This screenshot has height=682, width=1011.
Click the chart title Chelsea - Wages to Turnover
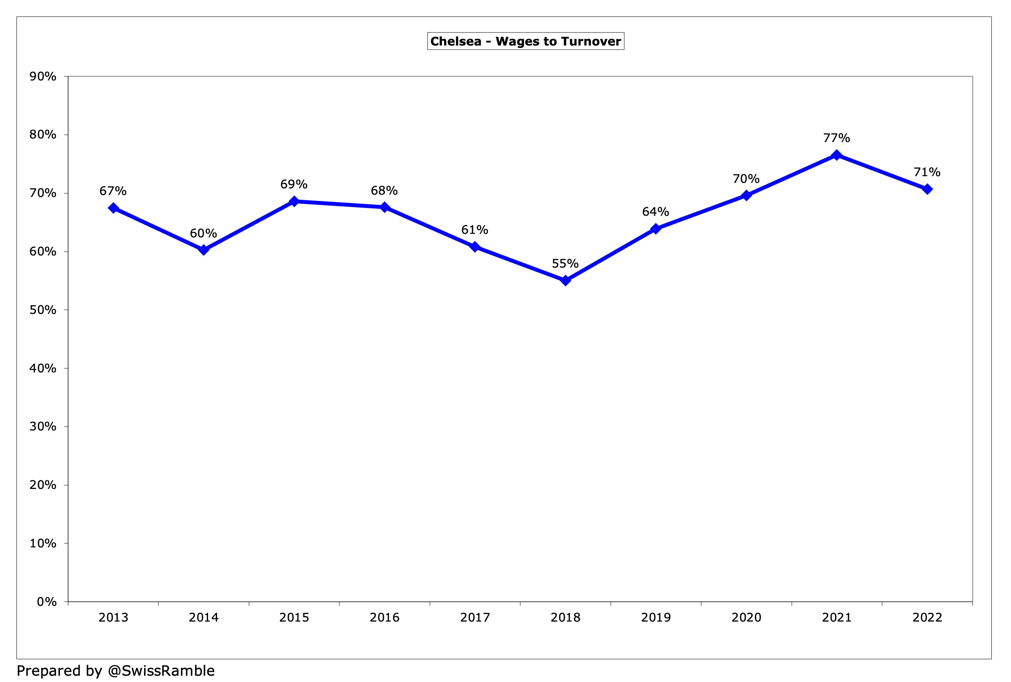tap(526, 41)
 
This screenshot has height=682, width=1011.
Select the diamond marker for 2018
tap(565, 281)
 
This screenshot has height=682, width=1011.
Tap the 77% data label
tap(836, 138)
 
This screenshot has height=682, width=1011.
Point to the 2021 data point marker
tap(836, 155)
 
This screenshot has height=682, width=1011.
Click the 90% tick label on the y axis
tap(43, 77)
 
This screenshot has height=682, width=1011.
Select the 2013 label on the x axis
tap(113, 618)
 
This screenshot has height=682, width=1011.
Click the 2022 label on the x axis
tap(927, 618)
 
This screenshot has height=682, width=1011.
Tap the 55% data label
tap(565, 264)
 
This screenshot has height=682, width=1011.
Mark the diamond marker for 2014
tap(203, 250)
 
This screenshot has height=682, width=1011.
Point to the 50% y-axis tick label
tap(43, 310)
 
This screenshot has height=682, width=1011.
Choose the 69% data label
tap(294, 184)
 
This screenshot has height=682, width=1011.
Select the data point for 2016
tap(384, 207)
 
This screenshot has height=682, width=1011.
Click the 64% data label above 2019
tap(655, 212)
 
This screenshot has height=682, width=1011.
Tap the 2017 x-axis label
tap(474, 618)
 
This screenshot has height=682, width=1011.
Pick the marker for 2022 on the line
tap(927, 189)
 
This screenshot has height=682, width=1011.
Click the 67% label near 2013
tap(113, 191)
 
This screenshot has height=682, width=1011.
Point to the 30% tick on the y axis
tap(43, 427)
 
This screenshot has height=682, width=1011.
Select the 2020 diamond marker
tap(746, 195)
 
